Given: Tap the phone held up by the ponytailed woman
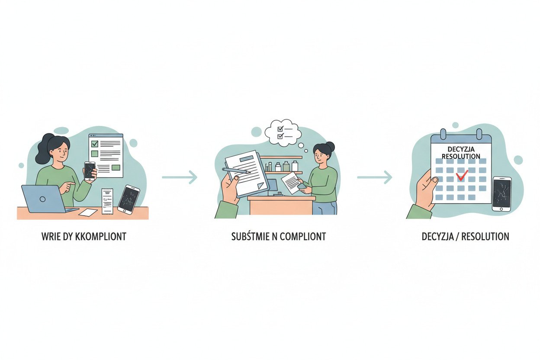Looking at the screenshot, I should (90, 170).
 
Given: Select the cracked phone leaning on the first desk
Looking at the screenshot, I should (129, 199).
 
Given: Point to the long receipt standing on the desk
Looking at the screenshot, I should (107, 201).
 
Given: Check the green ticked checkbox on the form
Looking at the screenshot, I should (95, 144).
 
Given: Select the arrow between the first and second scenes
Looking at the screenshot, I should (179, 177).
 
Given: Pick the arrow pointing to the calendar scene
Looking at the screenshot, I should (374, 177).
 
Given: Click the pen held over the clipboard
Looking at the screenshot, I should (236, 170).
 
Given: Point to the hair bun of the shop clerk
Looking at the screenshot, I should (331, 145).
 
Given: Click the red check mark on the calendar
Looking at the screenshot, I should (462, 175).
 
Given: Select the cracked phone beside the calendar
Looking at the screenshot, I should (501, 193).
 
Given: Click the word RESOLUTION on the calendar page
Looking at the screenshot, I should (460, 156).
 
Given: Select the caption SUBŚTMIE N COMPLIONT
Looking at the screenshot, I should (278, 237).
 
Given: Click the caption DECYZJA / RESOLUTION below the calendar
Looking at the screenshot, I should (465, 237).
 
